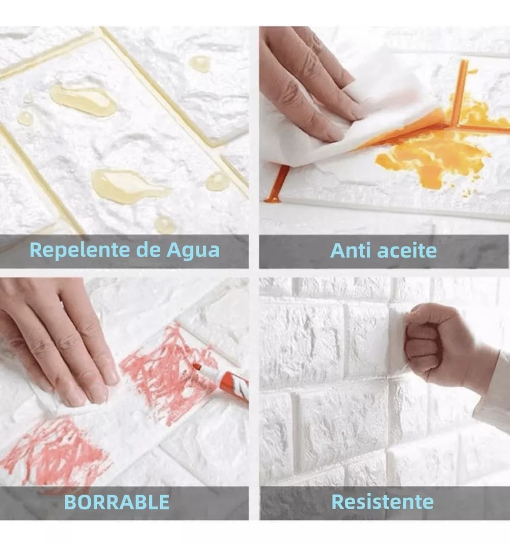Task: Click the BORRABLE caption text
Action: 117,502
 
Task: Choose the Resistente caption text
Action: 382,502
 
